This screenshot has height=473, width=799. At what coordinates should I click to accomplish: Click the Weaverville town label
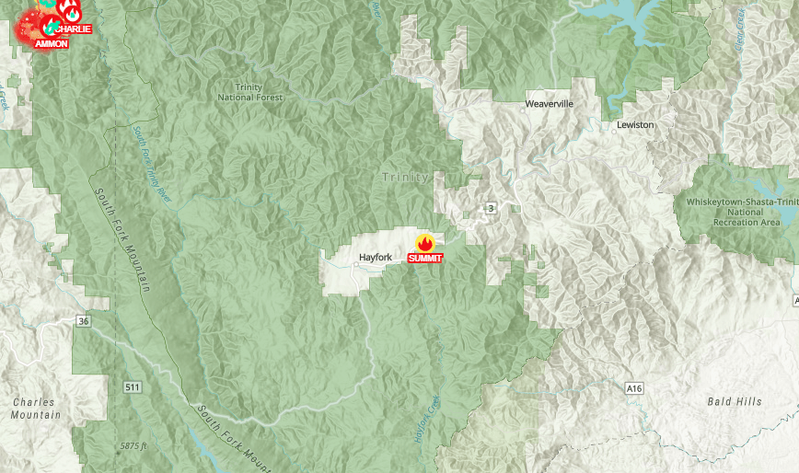(x=549, y=104)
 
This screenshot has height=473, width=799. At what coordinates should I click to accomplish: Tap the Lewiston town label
(x=635, y=124)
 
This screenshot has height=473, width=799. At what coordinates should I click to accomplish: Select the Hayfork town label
(x=376, y=258)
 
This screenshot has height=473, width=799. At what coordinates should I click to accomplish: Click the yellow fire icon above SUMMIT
(x=424, y=243)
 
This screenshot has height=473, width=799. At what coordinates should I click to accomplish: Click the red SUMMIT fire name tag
(x=424, y=259)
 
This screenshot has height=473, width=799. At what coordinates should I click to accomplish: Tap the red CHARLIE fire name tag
(x=73, y=29)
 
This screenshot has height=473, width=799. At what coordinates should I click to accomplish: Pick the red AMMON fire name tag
(x=52, y=43)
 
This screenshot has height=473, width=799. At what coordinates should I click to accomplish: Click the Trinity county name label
(x=406, y=177)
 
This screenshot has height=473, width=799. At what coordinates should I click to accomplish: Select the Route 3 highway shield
(x=492, y=209)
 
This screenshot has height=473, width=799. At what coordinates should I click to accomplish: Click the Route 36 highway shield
(x=84, y=321)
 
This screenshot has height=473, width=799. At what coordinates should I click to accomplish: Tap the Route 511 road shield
(x=133, y=387)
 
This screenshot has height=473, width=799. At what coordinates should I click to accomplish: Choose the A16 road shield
(x=633, y=389)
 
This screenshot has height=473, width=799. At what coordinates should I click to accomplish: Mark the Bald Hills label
(x=734, y=402)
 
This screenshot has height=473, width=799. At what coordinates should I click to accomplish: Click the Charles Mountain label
(x=35, y=409)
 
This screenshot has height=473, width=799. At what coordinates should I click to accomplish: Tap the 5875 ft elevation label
(x=133, y=446)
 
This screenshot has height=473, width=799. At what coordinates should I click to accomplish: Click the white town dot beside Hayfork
(x=356, y=265)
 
